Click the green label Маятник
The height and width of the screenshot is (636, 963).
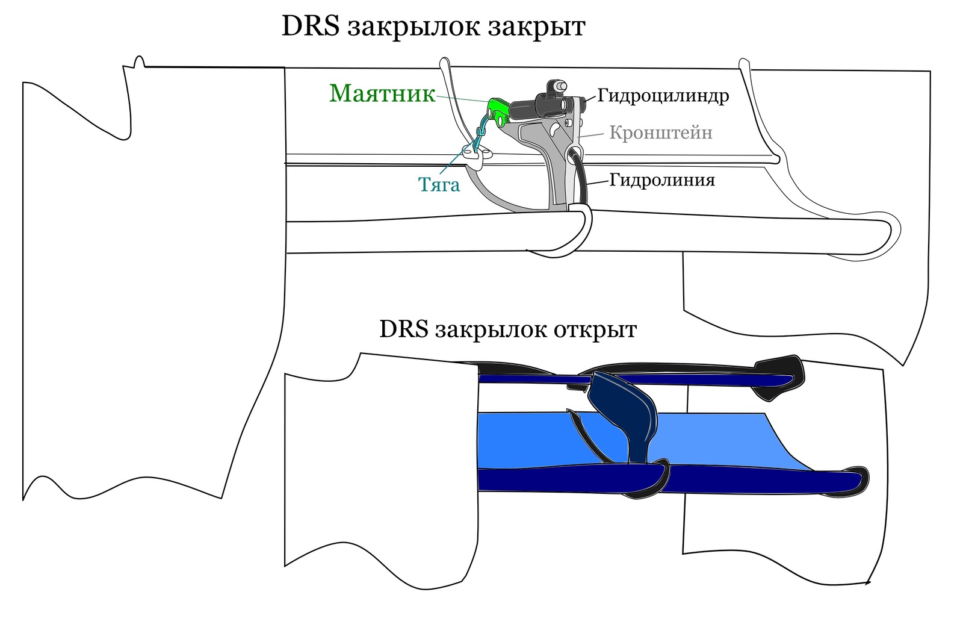pos(382,93)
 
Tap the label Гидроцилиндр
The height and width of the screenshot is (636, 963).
pos(663,96)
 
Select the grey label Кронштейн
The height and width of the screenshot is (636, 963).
pos(661,132)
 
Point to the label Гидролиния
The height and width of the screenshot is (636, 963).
pos(662,179)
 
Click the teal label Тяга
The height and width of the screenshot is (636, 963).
pos(439,184)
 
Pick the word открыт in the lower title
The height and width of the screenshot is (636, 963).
pos(595,330)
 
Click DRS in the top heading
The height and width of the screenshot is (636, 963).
pos(311,26)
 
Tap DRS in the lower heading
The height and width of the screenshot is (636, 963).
pos(404,329)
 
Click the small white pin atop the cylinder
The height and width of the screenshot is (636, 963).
pos(559,87)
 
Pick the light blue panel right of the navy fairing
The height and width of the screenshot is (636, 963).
pos(722,443)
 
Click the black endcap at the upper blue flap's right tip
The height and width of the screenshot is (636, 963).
pos(779,377)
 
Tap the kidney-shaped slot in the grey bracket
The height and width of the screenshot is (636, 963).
pos(555,128)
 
